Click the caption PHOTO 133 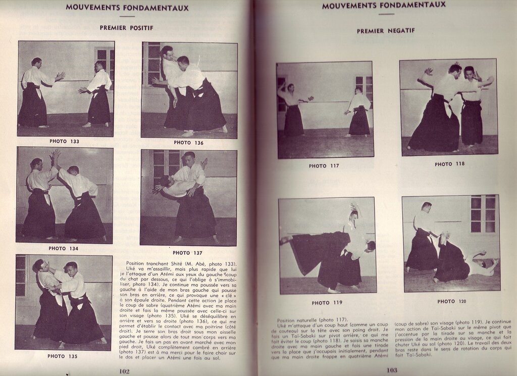pyautogui.click(x=64, y=141)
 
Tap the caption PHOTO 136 pyautogui.click(x=189, y=143)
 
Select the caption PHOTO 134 pyautogui.click(x=64, y=248)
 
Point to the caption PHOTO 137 pyautogui.click(x=188, y=252)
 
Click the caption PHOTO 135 pyautogui.click(x=63, y=356)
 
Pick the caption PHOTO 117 pyautogui.click(x=324, y=166)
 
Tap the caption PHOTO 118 pyautogui.click(x=450, y=164)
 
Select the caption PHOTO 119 pyautogui.click(x=327, y=303)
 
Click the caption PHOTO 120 pyautogui.click(x=452, y=301)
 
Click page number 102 pyautogui.click(x=125, y=370)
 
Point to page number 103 pyautogui.click(x=392, y=370)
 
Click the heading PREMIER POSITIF pyautogui.click(x=127, y=28)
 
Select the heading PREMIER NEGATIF pyautogui.click(x=386, y=31)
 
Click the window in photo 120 pyautogui.click(x=483, y=214)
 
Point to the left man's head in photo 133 pyautogui.click(x=36, y=63)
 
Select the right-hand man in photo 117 pyautogui.click(x=359, y=114)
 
